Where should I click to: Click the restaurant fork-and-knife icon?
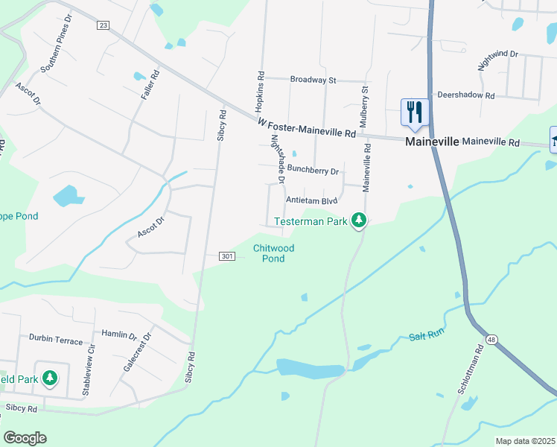click(415, 112)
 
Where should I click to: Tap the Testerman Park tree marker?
click(360, 220)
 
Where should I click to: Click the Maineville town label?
click(431, 141)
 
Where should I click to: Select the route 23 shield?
click(103, 25)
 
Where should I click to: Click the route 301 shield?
click(228, 256)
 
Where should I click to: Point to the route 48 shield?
click(491, 340)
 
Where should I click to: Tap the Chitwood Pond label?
click(273, 253)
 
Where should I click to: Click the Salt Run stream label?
click(427, 337)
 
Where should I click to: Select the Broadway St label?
click(313, 80)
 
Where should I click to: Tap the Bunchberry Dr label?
click(313, 171)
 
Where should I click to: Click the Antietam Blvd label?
click(312, 200)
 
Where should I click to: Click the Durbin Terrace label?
click(56, 340)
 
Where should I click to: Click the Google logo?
click(25, 438)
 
